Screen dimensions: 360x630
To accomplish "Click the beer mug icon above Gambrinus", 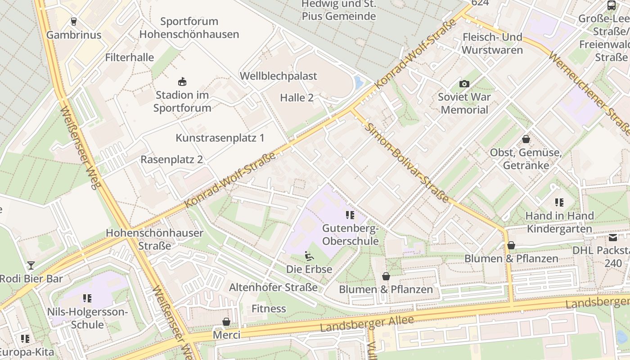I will point(74,21).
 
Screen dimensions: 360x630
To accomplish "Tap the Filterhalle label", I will point(130,58).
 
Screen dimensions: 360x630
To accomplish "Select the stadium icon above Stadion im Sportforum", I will point(182,82).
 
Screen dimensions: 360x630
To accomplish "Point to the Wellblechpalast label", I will point(279,76).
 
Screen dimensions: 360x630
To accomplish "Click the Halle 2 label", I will point(297,98).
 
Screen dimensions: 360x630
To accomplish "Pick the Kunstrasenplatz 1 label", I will point(220,138).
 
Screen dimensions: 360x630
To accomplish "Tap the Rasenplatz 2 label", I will point(172,160).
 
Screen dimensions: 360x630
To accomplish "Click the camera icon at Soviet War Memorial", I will point(464,84).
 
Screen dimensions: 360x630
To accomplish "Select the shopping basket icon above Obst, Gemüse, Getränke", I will point(526,139).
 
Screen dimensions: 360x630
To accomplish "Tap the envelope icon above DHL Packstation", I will point(613,237).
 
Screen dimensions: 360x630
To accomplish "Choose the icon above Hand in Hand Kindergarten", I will point(559,202).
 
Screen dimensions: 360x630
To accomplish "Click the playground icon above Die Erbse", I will point(309,256).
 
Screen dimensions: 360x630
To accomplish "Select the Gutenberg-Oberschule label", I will point(351,234).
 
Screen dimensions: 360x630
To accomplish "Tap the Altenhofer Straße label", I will point(273,287).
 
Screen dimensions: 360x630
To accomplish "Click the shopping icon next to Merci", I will point(226,322).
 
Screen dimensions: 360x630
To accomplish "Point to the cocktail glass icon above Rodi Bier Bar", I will point(31,265).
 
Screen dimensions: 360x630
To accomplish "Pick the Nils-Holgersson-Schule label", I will point(87,318).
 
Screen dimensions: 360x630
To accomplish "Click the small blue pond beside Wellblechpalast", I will point(359,82).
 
